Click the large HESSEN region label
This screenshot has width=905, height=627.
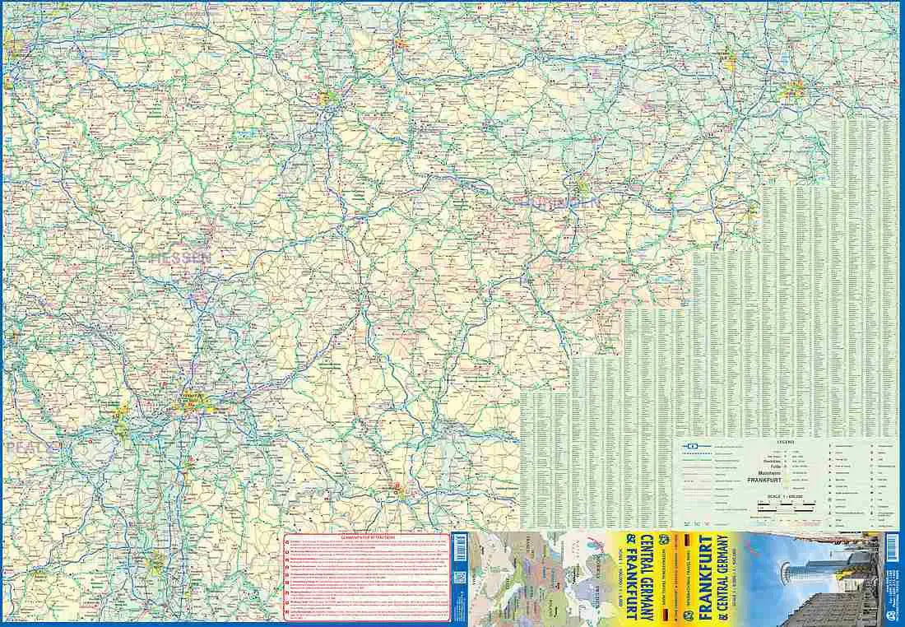click(181, 258)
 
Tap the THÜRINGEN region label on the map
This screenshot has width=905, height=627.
click(557, 202)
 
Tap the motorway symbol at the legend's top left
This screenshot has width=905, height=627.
click(693, 446)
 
